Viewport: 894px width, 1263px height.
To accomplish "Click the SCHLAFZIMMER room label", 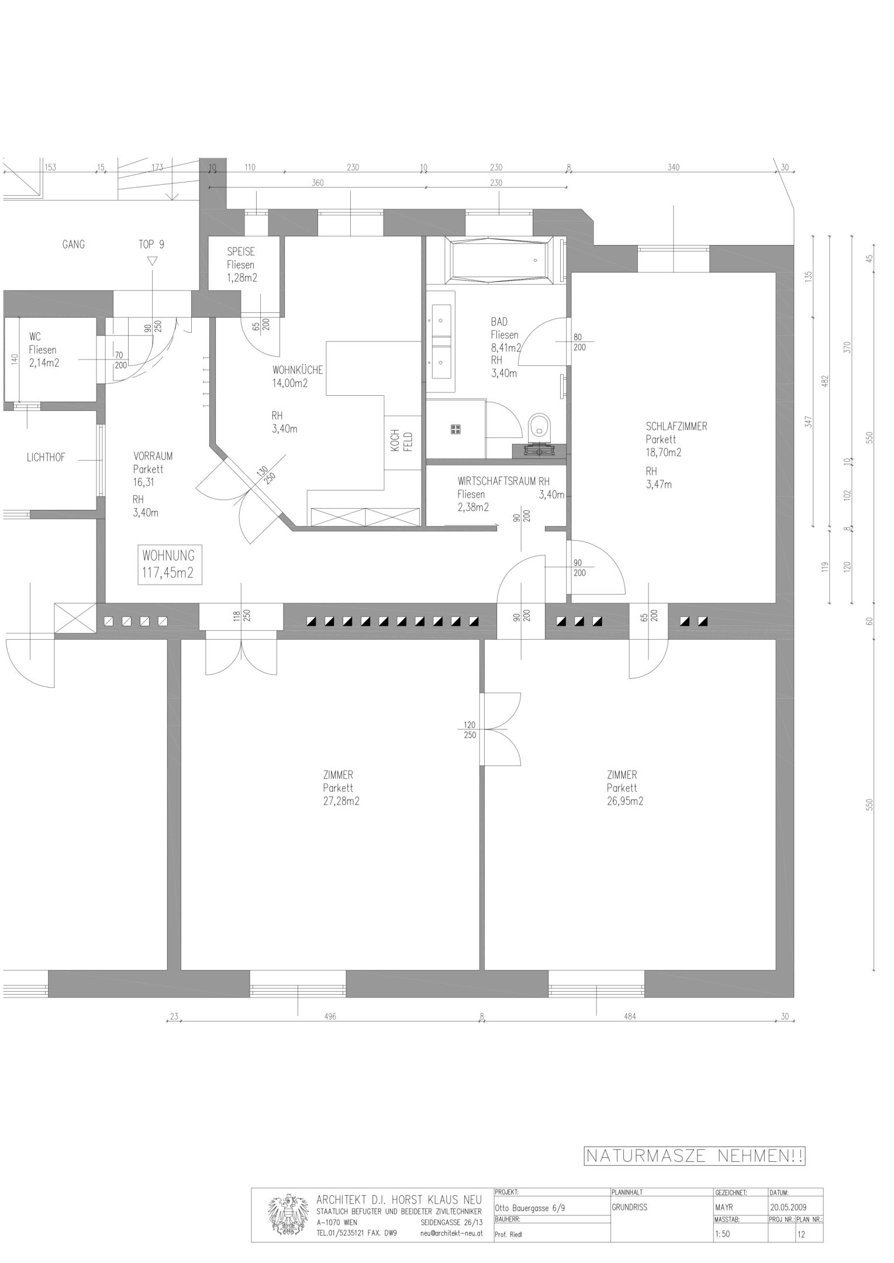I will (x=676, y=426).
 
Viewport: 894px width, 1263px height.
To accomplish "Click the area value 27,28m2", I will (x=341, y=801).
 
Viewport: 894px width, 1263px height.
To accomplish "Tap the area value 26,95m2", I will (x=624, y=801).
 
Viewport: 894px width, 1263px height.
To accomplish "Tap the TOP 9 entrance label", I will (x=151, y=244).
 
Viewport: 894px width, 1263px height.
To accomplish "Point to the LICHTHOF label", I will (x=46, y=458).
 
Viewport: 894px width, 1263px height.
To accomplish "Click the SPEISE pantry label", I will (x=241, y=252).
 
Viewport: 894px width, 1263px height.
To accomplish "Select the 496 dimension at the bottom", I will (x=330, y=1017).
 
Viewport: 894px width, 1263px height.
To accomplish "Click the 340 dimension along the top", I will (x=674, y=168).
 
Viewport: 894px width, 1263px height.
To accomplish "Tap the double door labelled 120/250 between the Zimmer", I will (x=500, y=729).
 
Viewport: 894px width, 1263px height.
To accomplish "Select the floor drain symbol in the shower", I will (x=456, y=429).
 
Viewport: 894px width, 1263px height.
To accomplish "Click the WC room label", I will (x=34, y=337).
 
